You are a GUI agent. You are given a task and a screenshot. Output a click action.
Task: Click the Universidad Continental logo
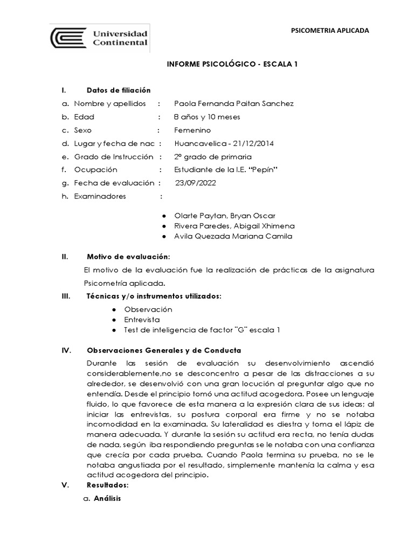(100, 38)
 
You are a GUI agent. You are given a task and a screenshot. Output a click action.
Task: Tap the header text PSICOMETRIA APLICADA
(330, 31)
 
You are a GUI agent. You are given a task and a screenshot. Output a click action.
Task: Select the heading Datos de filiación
(119, 90)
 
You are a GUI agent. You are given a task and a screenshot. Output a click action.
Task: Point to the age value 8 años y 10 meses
(208, 117)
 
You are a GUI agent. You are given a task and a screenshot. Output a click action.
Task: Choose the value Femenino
(192, 130)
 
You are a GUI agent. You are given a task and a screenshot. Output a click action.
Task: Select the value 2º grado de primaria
(213, 157)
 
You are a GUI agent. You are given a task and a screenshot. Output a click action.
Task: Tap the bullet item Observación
(148, 309)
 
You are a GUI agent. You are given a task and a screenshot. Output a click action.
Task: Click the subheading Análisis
(107, 499)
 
